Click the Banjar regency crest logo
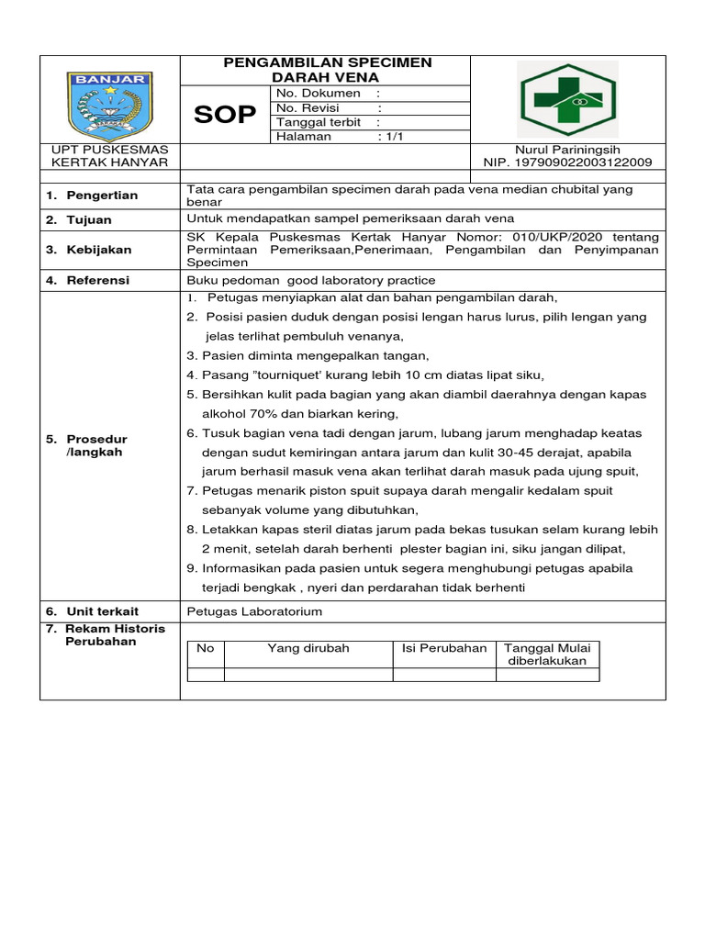pyautogui.click(x=110, y=99)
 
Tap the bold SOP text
pyautogui.click(x=225, y=115)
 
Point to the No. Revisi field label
pyautogui.click(x=308, y=108)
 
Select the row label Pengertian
pyautogui.click(x=98, y=196)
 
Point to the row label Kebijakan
pyautogui.click(x=97, y=250)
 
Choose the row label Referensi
pyautogui.click(x=97, y=280)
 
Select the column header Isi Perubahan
pyautogui.click(x=444, y=648)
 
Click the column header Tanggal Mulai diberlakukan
pyautogui.click(x=548, y=655)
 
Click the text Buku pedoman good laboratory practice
pyautogui.click(x=311, y=280)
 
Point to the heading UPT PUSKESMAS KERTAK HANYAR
pyautogui.click(x=109, y=155)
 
